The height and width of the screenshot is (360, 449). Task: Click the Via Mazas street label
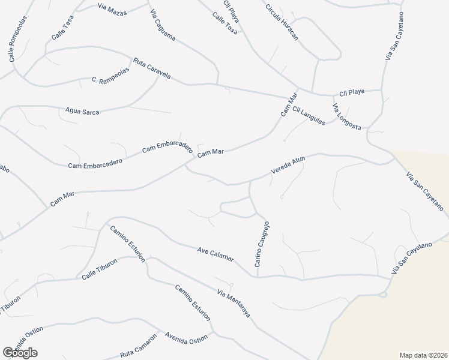tap(112, 8)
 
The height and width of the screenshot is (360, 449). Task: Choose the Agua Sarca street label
tap(82, 111)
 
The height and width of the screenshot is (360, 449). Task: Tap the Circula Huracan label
tap(282, 23)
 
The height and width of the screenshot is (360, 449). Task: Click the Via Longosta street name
tap(346, 116)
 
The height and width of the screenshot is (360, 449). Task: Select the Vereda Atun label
tap(288, 165)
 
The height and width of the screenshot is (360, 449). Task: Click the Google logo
tap(20, 352)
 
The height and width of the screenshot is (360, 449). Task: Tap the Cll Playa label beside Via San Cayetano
tap(352, 92)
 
